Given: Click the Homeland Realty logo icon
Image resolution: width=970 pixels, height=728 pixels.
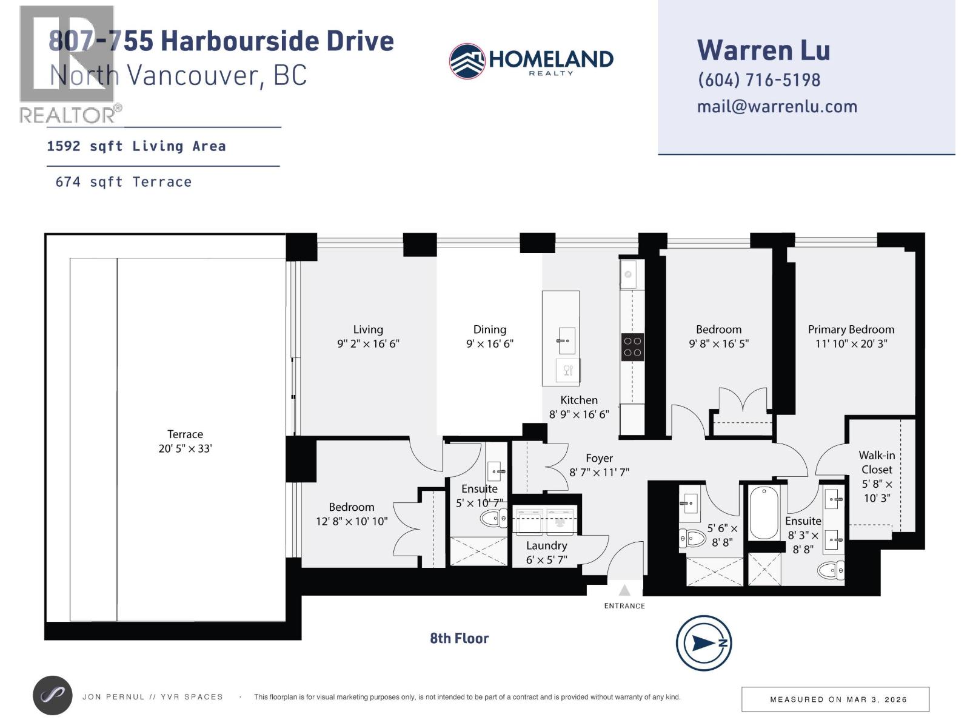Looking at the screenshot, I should (x=467, y=61).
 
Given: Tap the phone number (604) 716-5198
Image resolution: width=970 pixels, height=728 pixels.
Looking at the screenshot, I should (x=759, y=80).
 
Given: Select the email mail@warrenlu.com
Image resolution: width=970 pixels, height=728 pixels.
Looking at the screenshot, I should (x=777, y=107).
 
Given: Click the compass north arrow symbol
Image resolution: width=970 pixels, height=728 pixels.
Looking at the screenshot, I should (x=704, y=643).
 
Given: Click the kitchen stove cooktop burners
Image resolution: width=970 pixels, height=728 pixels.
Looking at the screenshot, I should (x=632, y=347).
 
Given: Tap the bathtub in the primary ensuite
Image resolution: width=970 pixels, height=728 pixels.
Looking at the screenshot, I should (x=764, y=513).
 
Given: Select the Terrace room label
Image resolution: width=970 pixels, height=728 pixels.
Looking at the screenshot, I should (x=185, y=434).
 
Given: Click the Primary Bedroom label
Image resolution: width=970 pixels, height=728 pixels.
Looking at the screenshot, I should (x=851, y=329).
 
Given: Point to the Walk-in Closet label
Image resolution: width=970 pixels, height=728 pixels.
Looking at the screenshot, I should (x=877, y=462).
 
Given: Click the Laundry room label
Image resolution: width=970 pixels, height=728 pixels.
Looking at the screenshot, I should (x=546, y=545).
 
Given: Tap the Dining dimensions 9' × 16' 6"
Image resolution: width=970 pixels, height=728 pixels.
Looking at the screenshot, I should (x=489, y=344).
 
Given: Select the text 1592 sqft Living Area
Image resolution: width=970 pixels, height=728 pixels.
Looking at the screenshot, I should (x=136, y=146).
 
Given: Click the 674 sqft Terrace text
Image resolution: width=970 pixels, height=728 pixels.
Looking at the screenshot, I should (x=124, y=182).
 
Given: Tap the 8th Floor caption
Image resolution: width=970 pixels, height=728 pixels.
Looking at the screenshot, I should (x=459, y=638).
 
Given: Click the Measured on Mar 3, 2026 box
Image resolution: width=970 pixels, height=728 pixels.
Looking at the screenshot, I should (x=835, y=699).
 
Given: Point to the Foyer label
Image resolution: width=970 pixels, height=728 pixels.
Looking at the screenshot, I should (x=599, y=459).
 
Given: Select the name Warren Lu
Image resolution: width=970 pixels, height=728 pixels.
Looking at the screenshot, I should (x=763, y=50).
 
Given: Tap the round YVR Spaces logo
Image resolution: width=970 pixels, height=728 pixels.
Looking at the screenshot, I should (x=52, y=696).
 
